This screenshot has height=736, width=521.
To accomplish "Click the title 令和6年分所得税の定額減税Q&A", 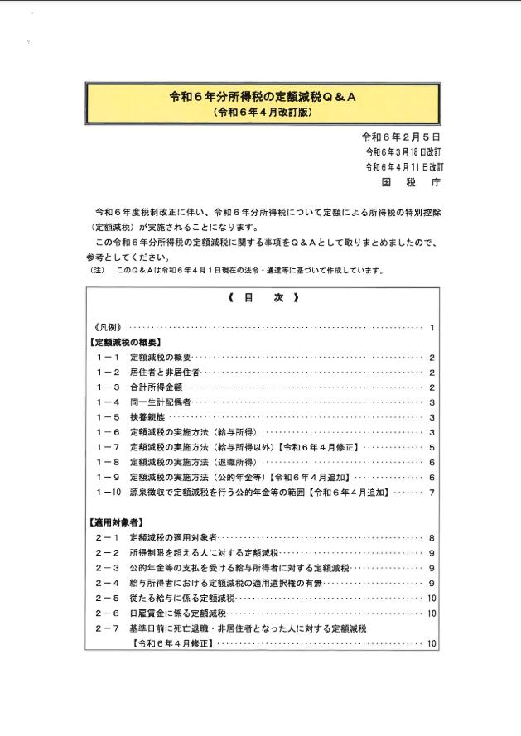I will pyautogui.click(x=262, y=97).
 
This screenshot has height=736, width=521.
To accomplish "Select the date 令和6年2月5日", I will pyautogui.click(x=401, y=137).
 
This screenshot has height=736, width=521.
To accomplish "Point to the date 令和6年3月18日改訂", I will pyautogui.click(x=403, y=152).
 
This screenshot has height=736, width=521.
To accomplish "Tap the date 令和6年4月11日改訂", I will pyautogui.click(x=403, y=166).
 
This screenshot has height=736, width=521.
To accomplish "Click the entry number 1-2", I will pyautogui.click(x=108, y=373).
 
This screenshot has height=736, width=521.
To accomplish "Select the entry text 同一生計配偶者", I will pyautogui.click(x=161, y=402).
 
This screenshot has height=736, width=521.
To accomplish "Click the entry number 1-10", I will pyautogui.click(x=109, y=493).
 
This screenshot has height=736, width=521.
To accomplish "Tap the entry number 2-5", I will pyautogui.click(x=108, y=598).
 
